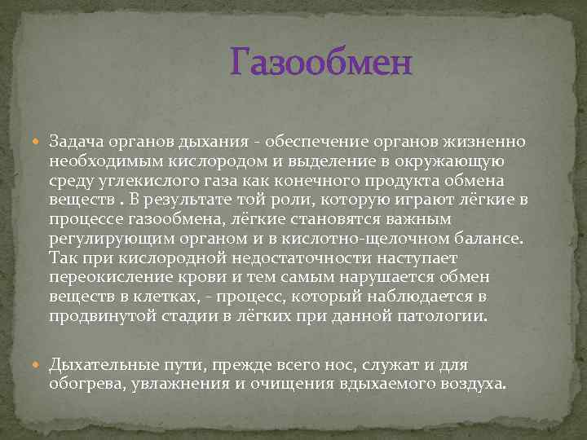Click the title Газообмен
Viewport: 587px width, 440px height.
click(x=321, y=62)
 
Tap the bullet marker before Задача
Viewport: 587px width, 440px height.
click(x=39, y=142)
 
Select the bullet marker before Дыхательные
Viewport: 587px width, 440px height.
click(x=39, y=364)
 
